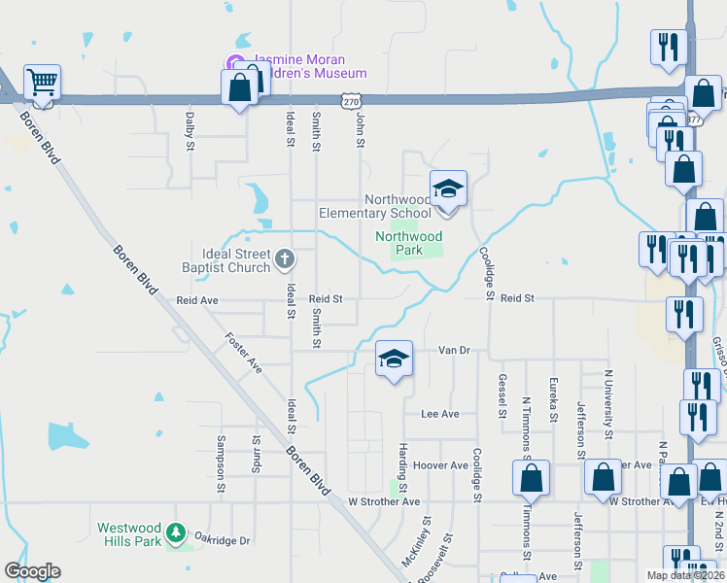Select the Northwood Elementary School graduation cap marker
click(448, 188)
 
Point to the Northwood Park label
click(408, 243)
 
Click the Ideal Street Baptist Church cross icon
click(284, 258)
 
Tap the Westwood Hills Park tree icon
click(175, 532)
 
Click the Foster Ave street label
click(243, 353)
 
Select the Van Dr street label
click(454, 350)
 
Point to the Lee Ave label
click(439, 414)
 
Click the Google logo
click(32, 571)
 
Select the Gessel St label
click(502, 396)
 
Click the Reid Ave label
click(197, 301)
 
